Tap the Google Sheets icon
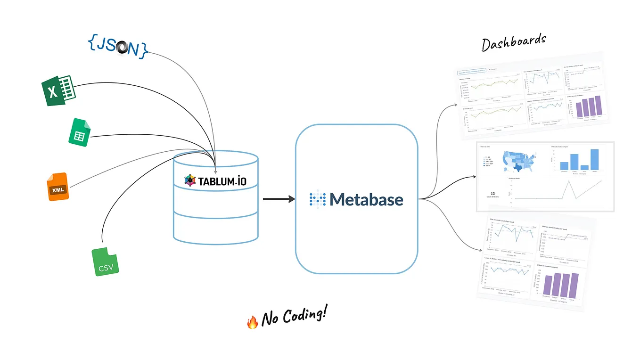[79, 132]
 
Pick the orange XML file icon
[58, 187]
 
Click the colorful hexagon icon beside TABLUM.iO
[189, 180]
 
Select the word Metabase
[366, 199]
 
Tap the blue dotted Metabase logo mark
[317, 199]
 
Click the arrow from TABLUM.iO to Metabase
[278, 199]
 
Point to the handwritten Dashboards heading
[513, 42]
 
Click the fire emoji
[253, 322]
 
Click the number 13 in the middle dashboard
[492, 193]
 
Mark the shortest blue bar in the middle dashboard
[584, 167]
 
